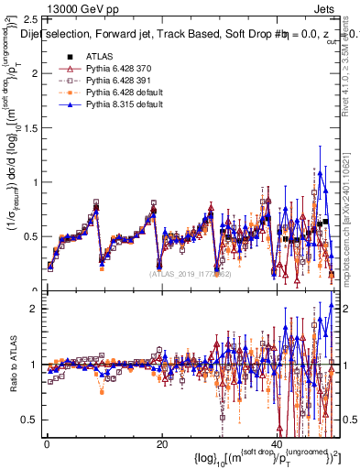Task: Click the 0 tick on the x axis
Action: point(47,444)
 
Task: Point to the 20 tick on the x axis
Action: point(161,444)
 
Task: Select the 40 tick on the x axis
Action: point(276,444)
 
